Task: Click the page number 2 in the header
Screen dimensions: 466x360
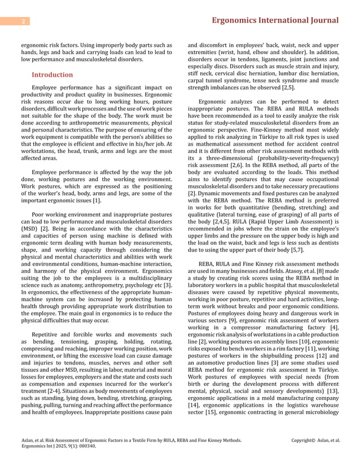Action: tap(23, 21)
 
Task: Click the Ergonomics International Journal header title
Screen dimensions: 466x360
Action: tap(274, 21)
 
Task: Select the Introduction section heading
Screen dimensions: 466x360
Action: tap(52, 74)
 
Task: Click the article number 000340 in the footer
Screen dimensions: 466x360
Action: tap(84, 446)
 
